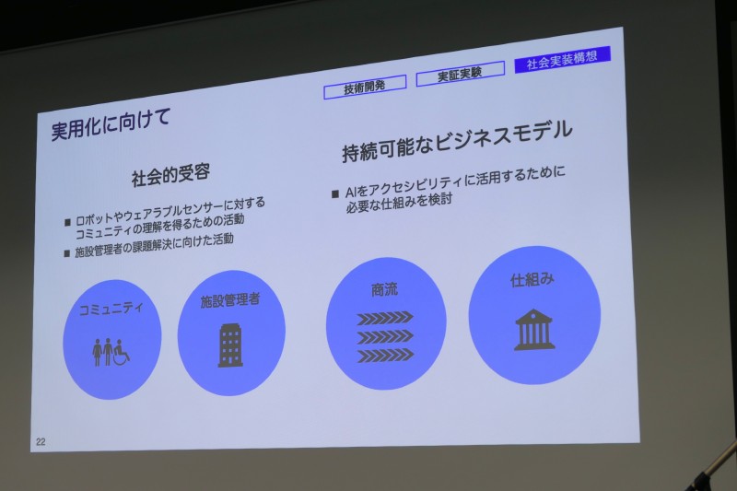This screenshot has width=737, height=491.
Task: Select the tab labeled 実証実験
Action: (460, 75)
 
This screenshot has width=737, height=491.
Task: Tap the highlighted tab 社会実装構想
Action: (562, 63)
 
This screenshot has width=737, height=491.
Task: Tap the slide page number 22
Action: (41, 441)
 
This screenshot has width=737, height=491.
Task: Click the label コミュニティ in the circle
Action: (111, 307)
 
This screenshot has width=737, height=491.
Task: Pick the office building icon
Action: (230, 345)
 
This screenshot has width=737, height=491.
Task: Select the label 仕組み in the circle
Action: (532, 279)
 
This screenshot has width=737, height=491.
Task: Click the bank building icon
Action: (534, 329)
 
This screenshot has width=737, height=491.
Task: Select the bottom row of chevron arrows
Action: (385, 355)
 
